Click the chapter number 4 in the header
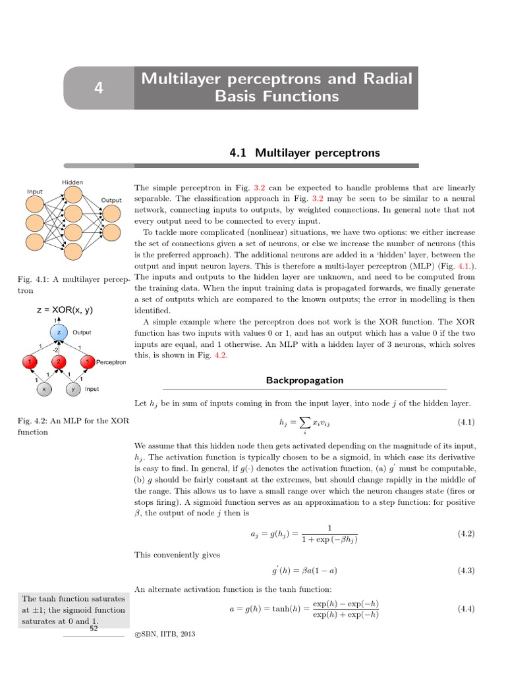click(x=99, y=88)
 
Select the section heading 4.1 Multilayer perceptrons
click(x=304, y=153)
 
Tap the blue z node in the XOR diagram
click(x=59, y=333)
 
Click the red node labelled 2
click(x=58, y=361)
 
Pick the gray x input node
click(x=44, y=389)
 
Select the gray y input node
click(x=72, y=389)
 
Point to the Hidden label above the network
click(x=72, y=182)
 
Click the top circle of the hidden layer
click(x=73, y=194)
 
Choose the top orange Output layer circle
click(x=111, y=213)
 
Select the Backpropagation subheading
click(x=304, y=380)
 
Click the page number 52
click(x=94, y=629)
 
